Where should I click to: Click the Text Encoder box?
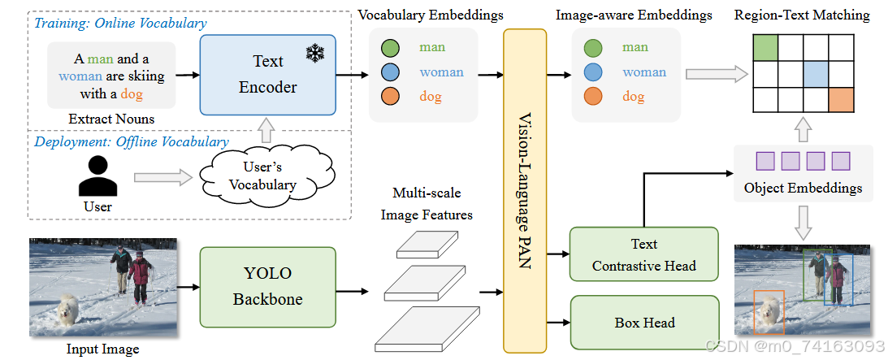268,74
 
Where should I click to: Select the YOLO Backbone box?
268,288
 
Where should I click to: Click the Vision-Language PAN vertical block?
526,191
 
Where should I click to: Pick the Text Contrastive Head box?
644,254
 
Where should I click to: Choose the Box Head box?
644,323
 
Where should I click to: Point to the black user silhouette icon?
97,175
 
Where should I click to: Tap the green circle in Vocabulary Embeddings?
389,48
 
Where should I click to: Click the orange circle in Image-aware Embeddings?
593,97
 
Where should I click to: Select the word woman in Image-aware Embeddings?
643,72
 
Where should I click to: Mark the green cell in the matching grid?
765,48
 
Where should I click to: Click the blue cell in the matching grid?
815,74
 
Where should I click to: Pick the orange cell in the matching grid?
841,100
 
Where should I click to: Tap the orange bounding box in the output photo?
768,312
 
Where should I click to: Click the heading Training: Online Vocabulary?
120,24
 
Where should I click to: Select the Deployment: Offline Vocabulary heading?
131,142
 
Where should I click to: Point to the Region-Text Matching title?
801,15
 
